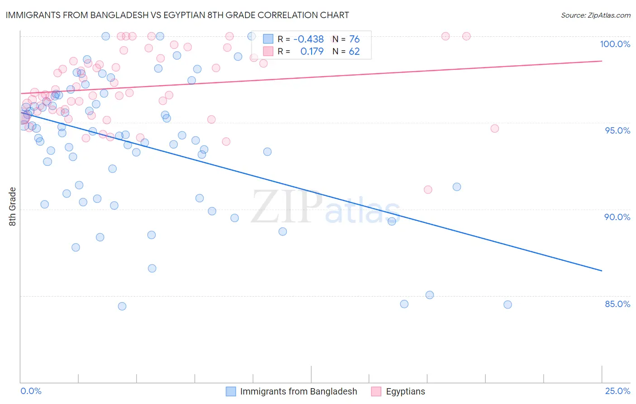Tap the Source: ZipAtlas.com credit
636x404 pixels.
(x=595, y=15)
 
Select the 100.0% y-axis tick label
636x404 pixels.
(x=615, y=44)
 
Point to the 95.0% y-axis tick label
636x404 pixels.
(x=617, y=130)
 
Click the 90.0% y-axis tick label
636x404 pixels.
(x=617, y=217)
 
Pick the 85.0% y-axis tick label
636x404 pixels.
(x=617, y=304)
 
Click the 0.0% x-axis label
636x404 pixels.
(x=31, y=391)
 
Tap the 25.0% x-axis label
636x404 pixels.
(x=617, y=391)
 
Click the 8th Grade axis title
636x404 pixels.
(x=12, y=207)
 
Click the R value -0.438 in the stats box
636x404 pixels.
(x=309, y=39)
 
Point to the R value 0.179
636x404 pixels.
(x=312, y=52)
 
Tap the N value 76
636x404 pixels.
(x=354, y=39)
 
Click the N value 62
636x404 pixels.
(x=354, y=52)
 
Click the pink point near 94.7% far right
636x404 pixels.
(x=494, y=129)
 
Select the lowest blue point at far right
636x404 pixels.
(x=508, y=305)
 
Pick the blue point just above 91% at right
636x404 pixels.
(x=457, y=187)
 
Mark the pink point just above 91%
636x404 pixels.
(x=428, y=190)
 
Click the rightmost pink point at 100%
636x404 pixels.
(x=466, y=36)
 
